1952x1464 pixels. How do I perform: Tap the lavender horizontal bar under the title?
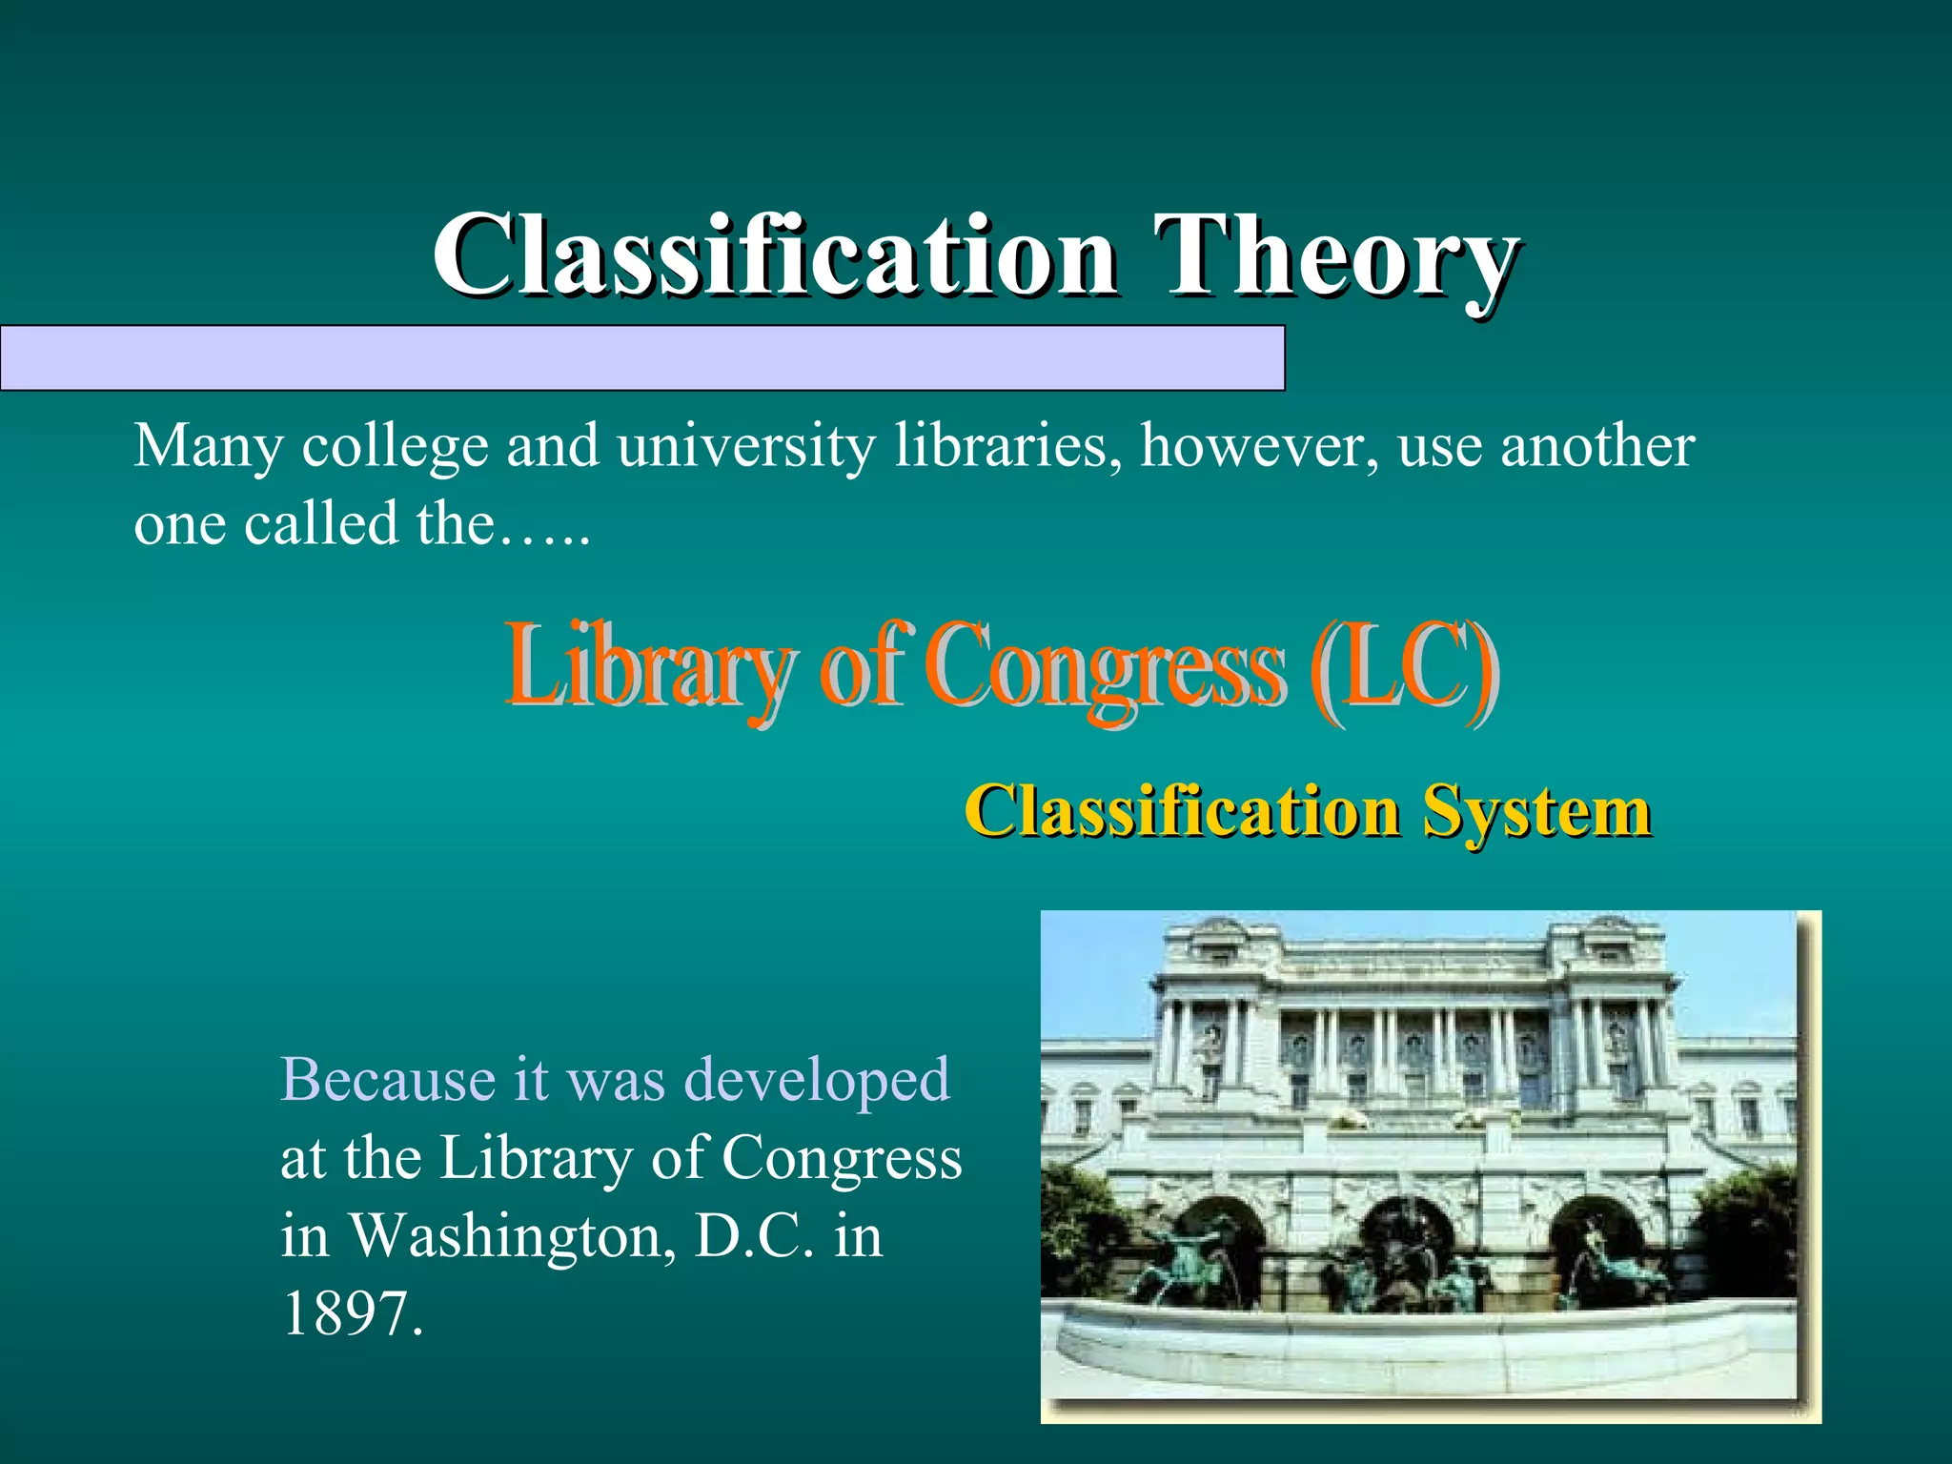point(642,358)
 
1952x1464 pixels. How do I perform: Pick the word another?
point(1597,446)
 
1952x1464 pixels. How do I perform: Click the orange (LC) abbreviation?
point(1401,665)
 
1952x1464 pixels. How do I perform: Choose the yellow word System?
point(1535,812)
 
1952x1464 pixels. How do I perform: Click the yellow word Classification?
point(1182,812)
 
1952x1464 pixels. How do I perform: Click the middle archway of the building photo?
point(1407,1239)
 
